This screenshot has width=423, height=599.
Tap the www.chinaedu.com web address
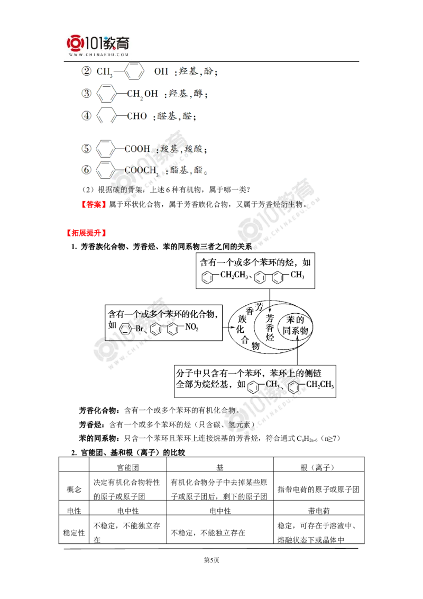tap(99, 54)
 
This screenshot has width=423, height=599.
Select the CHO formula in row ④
tap(137, 116)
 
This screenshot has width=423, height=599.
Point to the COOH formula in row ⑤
tap(137, 149)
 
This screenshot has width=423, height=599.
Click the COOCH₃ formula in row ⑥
tap(141, 170)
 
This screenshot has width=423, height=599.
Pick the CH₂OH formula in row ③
tap(143, 94)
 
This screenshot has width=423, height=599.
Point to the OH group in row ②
tap(160, 71)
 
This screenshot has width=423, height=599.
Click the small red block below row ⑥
tap(93, 204)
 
